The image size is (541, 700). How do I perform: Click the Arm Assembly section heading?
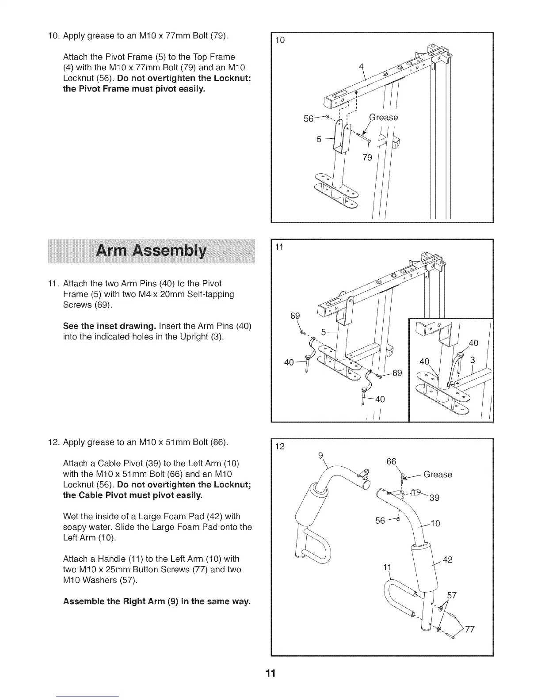point(151,251)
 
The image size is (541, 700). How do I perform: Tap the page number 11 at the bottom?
point(270,673)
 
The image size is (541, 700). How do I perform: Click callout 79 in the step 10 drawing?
point(367,157)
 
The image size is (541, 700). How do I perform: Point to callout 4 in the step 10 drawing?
point(361,67)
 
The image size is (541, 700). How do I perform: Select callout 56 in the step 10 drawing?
point(308,118)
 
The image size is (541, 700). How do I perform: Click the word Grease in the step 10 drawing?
point(383,118)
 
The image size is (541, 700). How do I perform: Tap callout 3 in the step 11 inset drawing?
point(472,360)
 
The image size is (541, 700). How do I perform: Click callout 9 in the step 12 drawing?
point(321,455)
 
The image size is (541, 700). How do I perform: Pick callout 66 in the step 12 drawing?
point(391,462)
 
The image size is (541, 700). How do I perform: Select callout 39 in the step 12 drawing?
point(434,498)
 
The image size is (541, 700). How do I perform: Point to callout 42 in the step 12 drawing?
point(447,560)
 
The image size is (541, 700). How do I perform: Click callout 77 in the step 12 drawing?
point(469,629)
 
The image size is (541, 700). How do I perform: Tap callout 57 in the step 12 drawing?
point(452,595)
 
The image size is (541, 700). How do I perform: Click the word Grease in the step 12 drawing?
point(438,475)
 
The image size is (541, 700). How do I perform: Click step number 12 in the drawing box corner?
point(280,446)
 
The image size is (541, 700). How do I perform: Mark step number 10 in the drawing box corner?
point(280,41)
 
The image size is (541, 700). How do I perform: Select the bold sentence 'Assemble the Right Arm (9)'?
point(156,601)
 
